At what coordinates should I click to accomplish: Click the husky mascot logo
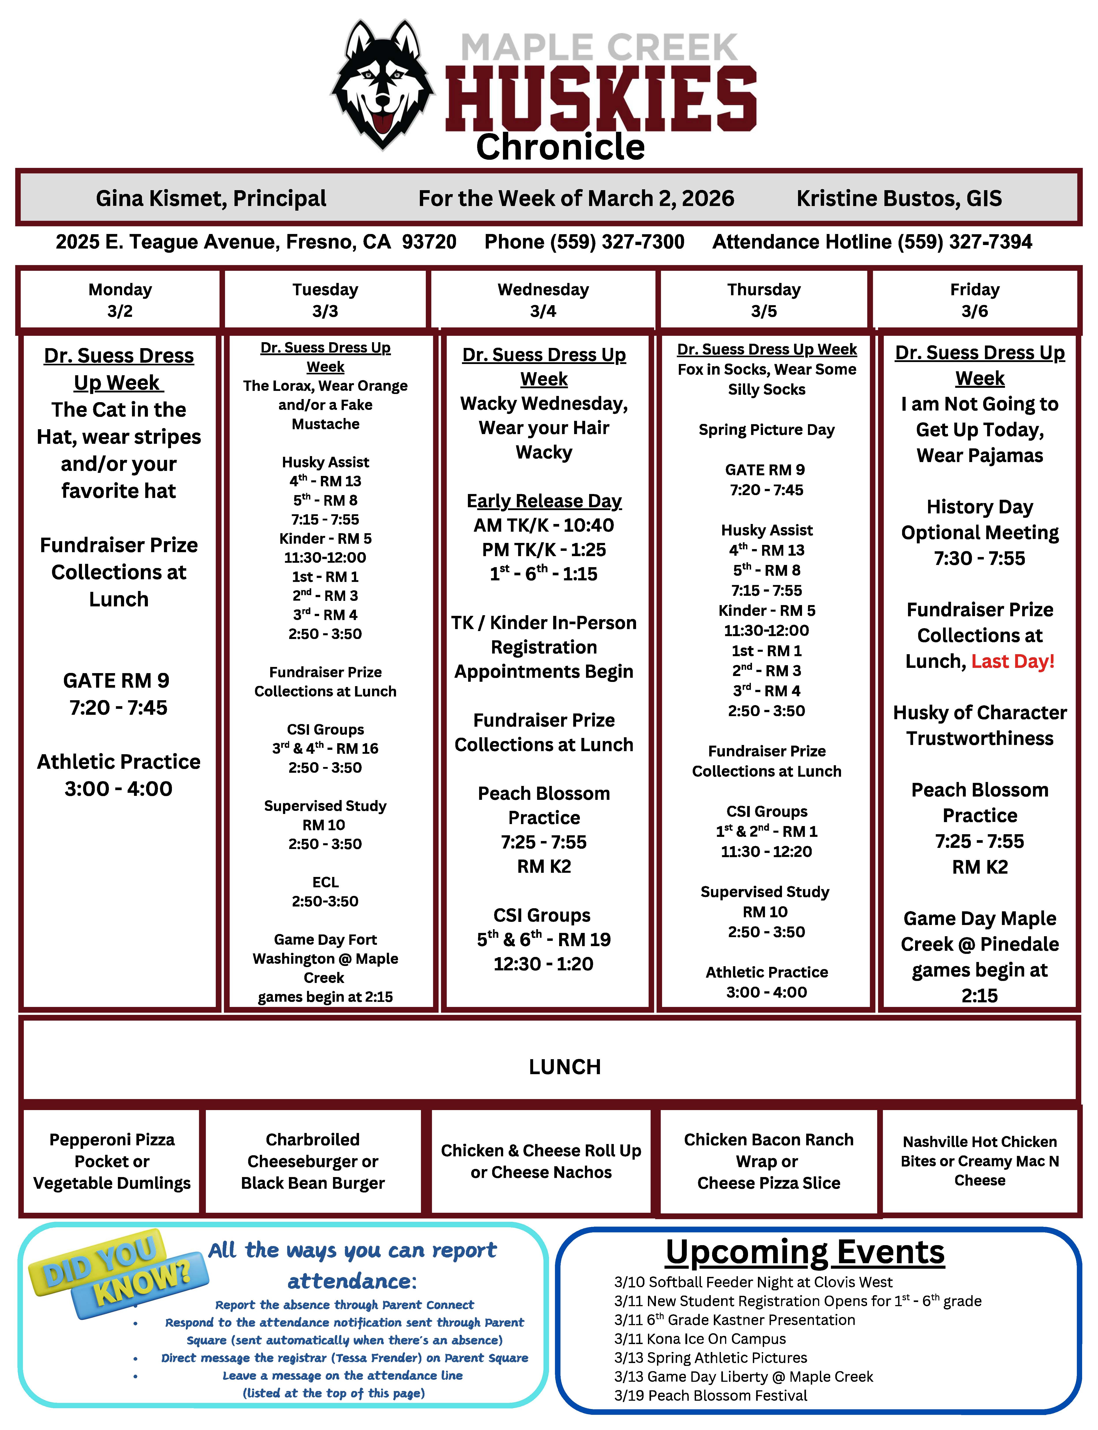[382, 85]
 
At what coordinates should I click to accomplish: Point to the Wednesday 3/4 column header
[543, 300]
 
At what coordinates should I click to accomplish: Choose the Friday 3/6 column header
[975, 300]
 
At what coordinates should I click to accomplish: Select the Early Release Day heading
[544, 501]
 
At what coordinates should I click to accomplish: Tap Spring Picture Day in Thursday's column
[767, 430]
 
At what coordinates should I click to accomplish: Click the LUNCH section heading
[565, 1067]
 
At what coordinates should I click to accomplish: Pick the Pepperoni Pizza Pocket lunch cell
[112, 1161]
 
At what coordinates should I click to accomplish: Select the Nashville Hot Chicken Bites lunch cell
[980, 1161]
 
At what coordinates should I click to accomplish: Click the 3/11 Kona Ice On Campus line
[700, 1339]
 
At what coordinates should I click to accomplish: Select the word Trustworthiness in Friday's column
[980, 738]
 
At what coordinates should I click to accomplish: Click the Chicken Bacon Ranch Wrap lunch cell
[769, 1161]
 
